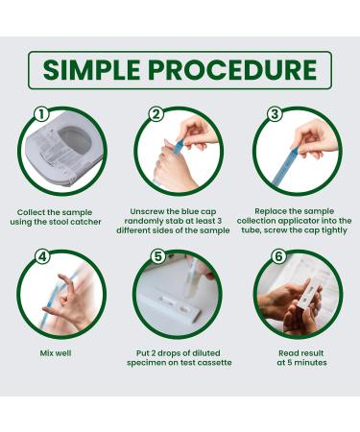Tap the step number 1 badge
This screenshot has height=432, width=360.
tap(40, 114)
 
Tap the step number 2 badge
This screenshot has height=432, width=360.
tap(156, 114)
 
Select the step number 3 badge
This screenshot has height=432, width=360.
tap(272, 114)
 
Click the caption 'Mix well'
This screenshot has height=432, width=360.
tap(62, 352)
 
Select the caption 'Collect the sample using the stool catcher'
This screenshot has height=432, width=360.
tap(62, 215)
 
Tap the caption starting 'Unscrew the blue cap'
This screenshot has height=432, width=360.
tap(179, 220)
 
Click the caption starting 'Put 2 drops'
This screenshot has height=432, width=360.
tap(179, 357)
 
